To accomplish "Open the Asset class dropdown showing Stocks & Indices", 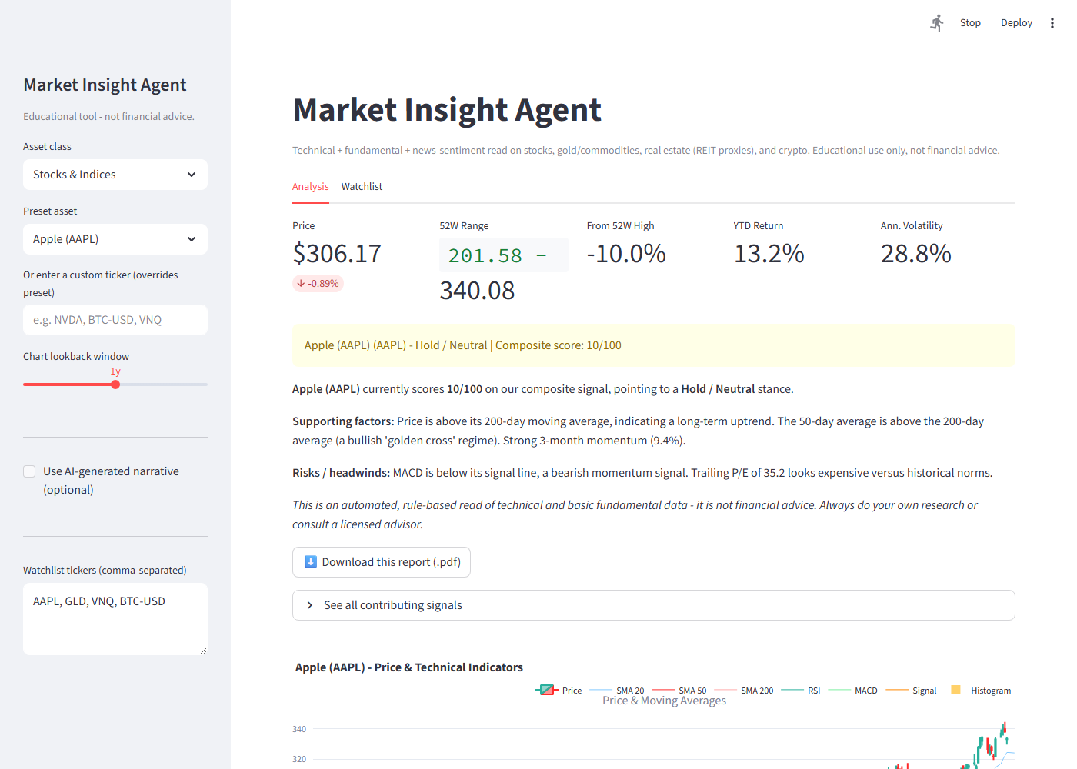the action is pyautogui.click(x=115, y=175).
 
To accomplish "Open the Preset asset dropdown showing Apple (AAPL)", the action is pyautogui.click(x=115, y=239).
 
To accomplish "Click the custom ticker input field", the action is pyautogui.click(x=115, y=320).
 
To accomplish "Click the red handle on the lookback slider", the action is pyautogui.click(x=115, y=384).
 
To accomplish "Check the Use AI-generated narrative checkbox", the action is pyautogui.click(x=29, y=471).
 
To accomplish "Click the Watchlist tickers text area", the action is pyautogui.click(x=115, y=618).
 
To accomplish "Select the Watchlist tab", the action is pyautogui.click(x=362, y=186).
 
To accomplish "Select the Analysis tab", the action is pyautogui.click(x=311, y=186).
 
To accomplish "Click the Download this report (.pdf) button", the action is pyautogui.click(x=382, y=562).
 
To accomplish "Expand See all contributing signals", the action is pyautogui.click(x=653, y=605).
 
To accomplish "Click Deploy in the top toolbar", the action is pyautogui.click(x=1016, y=22).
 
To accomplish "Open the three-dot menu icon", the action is pyautogui.click(x=1052, y=23).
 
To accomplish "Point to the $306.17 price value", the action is pyautogui.click(x=337, y=253).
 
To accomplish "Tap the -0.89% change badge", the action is pyautogui.click(x=318, y=284).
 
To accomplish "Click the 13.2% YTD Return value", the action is pyautogui.click(x=769, y=253).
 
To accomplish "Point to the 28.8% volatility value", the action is pyautogui.click(x=916, y=253).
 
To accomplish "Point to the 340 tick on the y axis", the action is pyautogui.click(x=299, y=729).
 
